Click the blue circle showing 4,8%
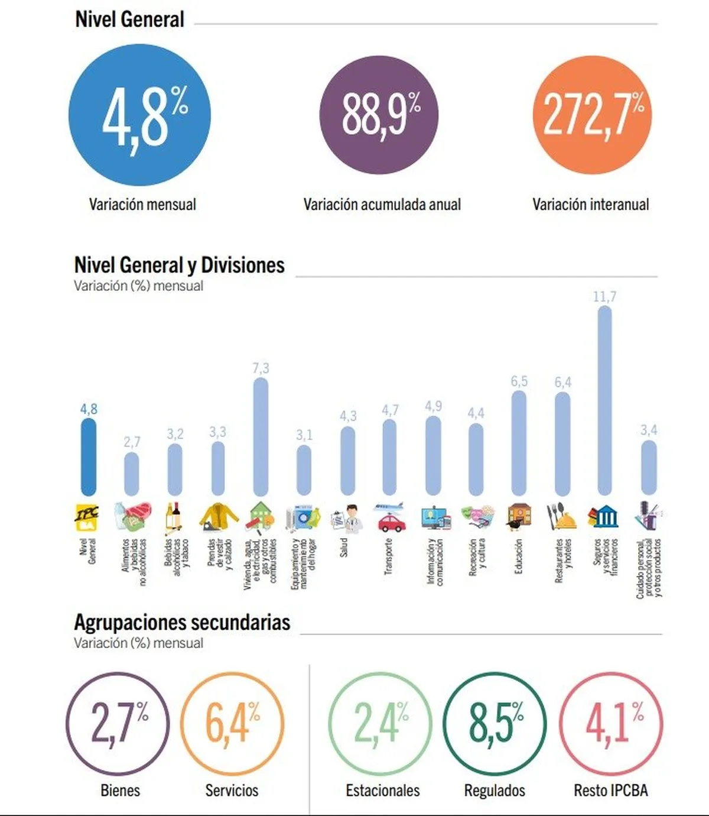tap(139, 115)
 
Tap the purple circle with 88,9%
tap(379, 115)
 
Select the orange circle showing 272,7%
tap(592, 115)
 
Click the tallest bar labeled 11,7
tap(604, 400)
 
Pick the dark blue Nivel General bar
tap(89, 456)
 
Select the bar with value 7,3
tap(261, 436)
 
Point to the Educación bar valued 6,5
tap(519, 443)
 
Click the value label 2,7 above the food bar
tap(132, 442)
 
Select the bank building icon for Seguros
tap(604, 517)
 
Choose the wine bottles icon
tap(174, 517)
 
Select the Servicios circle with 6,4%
tap(232, 723)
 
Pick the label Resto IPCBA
tap(611, 791)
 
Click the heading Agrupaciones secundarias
tap(182, 622)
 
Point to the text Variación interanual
tap(590, 205)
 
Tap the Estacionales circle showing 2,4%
tap(380, 723)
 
